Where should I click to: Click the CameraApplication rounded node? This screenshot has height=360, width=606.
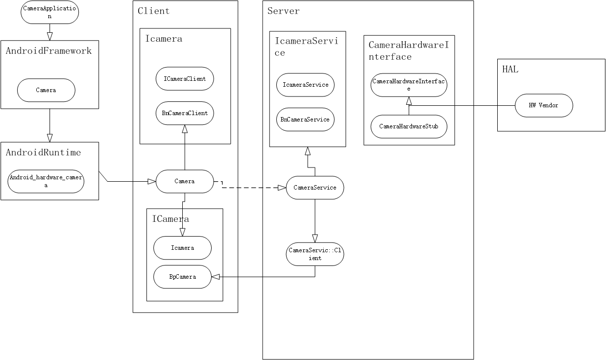coord(49,13)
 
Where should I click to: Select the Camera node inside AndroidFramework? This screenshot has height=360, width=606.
coord(46,90)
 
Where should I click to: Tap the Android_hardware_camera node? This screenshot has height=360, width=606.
coord(46,182)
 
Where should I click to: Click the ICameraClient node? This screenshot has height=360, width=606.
coord(185,78)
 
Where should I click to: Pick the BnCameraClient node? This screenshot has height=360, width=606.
coord(185,113)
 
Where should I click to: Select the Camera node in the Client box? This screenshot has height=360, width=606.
coord(185,181)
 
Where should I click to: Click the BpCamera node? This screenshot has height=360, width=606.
coord(182,277)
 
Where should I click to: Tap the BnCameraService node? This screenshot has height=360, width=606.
coord(305,120)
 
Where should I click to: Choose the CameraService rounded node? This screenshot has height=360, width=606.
coord(315,188)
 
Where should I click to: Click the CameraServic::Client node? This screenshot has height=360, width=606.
coord(315,254)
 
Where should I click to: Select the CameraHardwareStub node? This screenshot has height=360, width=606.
coord(409,126)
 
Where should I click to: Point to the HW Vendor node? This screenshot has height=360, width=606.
coord(543,105)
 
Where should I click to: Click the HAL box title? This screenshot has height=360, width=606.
coord(510,70)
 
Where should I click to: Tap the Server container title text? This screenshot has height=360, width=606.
coord(284,11)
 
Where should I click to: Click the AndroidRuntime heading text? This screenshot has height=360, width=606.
coord(43,152)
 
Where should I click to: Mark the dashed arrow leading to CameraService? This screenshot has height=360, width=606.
coord(250,188)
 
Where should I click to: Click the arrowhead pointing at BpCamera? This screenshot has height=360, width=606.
coord(215,277)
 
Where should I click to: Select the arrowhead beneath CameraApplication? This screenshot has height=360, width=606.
coord(49,35)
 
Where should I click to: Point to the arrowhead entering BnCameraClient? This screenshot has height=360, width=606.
coord(185,128)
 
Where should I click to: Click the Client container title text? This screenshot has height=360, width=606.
coord(153,11)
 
